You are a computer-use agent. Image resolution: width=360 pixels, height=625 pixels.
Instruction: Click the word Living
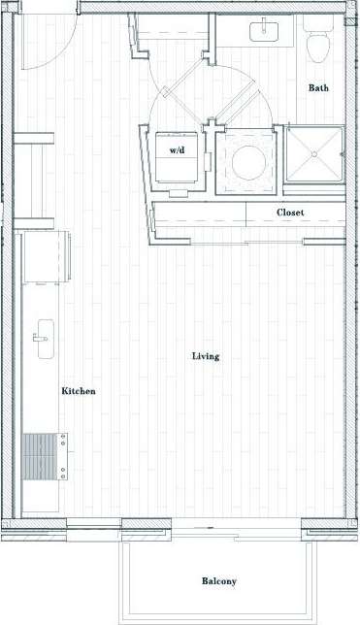click(205, 356)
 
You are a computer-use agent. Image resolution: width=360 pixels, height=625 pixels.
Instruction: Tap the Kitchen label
click(79, 391)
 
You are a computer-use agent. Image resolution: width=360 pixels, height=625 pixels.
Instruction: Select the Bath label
click(318, 87)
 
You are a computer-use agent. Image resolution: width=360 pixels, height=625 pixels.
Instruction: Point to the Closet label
click(290, 212)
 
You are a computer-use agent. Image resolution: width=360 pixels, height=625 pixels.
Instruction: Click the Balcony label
click(218, 581)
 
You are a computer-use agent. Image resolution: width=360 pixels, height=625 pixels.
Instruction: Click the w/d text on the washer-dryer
click(178, 150)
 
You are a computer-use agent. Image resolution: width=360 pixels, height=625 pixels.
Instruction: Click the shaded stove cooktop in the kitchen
click(39, 456)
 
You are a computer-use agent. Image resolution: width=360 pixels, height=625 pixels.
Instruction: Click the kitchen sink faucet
click(36, 337)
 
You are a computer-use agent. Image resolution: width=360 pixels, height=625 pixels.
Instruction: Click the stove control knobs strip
click(63, 456)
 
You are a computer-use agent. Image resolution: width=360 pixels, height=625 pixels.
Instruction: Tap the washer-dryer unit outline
click(179, 160)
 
